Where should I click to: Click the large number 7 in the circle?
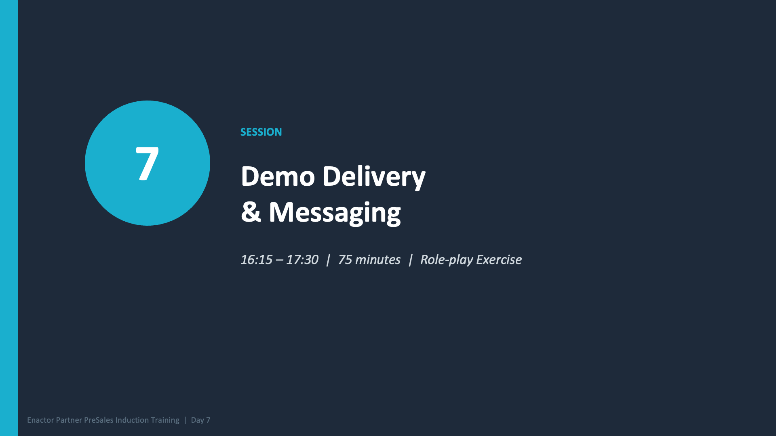147,163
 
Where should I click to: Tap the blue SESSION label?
261,132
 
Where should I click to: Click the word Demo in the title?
278,176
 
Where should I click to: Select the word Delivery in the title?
373,176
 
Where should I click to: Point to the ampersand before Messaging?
251,212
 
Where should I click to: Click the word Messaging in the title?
335,213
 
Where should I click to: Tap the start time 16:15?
256,260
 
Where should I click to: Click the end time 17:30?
302,260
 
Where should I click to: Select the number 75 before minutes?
345,260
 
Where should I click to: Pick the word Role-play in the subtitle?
446,260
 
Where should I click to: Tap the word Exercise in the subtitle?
499,260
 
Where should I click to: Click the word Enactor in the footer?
40,420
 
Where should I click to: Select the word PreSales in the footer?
99,420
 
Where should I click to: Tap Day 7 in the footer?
200,420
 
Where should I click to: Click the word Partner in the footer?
69,420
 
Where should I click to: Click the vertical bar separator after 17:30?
328,260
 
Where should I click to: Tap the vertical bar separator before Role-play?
411,260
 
